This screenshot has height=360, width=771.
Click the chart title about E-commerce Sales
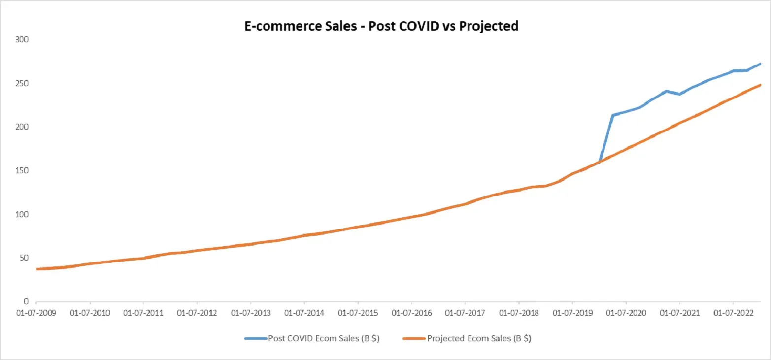[x=381, y=26]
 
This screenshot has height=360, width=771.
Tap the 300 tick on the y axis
[x=23, y=39]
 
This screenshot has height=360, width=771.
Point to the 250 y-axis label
[x=23, y=83]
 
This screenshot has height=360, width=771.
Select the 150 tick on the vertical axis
[x=23, y=171]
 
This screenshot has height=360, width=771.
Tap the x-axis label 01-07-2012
[x=197, y=313]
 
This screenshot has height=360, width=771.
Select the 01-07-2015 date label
[x=358, y=313]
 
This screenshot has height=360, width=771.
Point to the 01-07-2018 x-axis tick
[x=518, y=313]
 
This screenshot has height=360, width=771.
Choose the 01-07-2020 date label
[x=626, y=313]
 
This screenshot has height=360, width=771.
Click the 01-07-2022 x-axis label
[x=733, y=313]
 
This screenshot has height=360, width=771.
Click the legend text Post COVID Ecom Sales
[x=324, y=339]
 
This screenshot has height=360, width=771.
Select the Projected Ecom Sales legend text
[x=479, y=339]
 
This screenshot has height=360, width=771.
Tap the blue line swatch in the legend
[x=255, y=339]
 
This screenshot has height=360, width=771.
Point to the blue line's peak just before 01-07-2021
[x=666, y=91]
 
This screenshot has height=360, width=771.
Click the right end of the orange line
[x=761, y=85]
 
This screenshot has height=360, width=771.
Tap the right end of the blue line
[x=761, y=64]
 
